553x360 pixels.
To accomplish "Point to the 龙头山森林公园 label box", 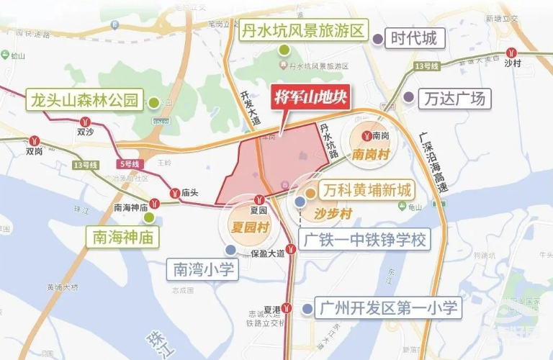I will point(84,99).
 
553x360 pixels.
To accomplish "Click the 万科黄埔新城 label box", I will point(367,192).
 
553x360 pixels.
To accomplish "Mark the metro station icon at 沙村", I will point(511,53).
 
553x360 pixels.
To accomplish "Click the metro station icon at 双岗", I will point(35,140).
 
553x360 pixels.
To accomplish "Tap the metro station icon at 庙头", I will point(176,192).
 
